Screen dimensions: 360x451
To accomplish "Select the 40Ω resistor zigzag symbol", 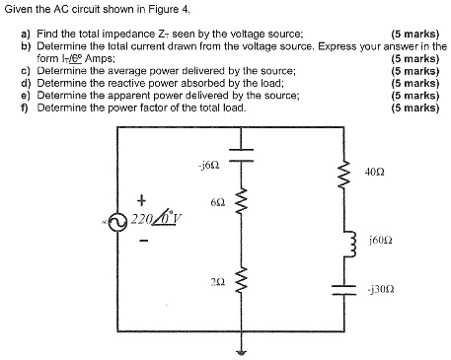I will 344,178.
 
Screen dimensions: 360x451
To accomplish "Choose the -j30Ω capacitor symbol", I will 344,289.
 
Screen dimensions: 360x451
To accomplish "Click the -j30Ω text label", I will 379,289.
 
